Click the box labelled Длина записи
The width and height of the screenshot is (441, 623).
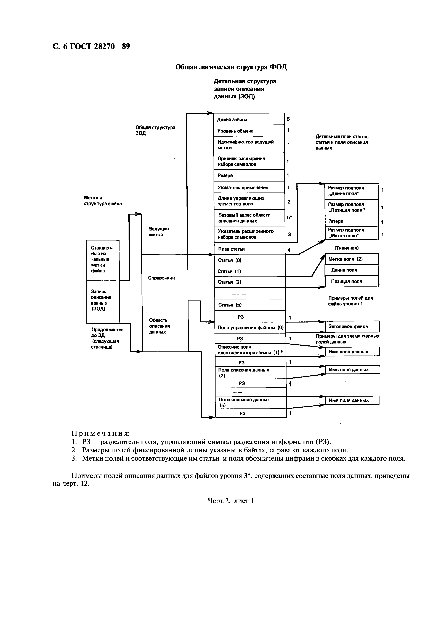(x=249, y=119)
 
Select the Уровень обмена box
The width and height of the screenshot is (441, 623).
(x=249, y=131)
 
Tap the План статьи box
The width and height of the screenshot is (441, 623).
(x=249, y=249)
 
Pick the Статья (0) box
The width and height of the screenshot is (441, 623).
(x=249, y=260)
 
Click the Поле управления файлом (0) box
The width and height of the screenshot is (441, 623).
(x=250, y=327)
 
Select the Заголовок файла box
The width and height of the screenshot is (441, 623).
(x=352, y=326)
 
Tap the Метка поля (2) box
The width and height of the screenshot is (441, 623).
(x=352, y=259)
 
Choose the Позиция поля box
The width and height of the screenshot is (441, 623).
(x=352, y=281)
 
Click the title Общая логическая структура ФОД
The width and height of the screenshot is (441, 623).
(x=231, y=67)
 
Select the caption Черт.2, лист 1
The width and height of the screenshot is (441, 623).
(x=231, y=501)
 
